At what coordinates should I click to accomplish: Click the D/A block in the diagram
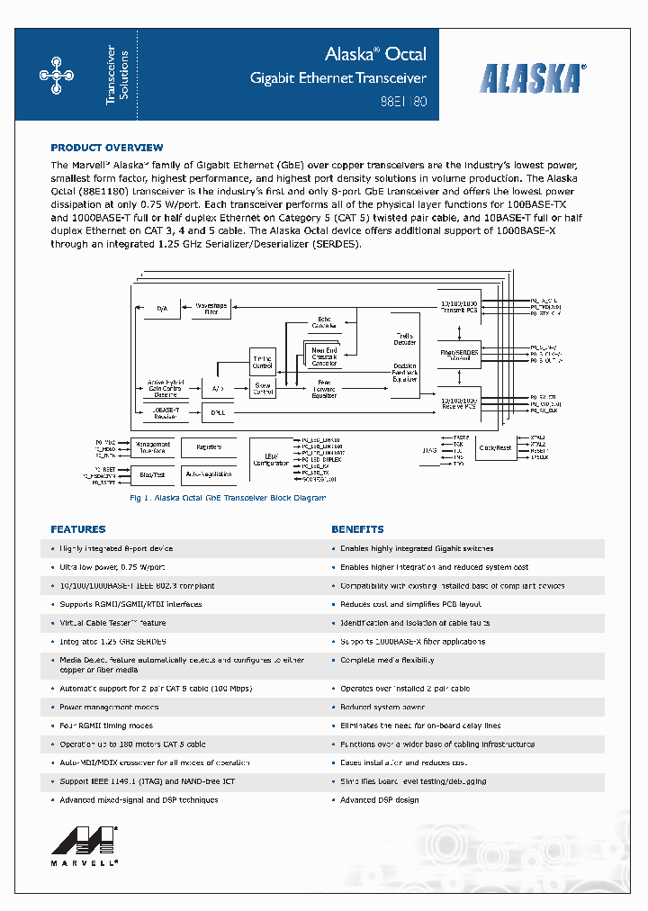162,309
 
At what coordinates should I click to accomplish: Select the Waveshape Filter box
211,308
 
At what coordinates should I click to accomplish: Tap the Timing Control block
262,362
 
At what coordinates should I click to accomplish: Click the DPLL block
217,412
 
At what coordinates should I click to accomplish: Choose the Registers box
208,446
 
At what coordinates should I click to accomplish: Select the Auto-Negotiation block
208,473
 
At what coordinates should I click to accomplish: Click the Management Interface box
152,446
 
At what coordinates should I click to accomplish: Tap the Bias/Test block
152,473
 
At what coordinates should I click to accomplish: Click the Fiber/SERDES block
459,353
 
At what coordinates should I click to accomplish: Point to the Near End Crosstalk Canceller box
325,356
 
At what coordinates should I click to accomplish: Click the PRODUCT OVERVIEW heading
107,148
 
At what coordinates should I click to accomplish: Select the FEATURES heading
78,529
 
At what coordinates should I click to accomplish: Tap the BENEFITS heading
357,529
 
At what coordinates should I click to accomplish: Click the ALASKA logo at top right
532,78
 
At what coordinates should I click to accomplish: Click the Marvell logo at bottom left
85,842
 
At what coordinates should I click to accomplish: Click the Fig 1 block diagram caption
228,498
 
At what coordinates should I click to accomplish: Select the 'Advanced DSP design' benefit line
379,800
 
